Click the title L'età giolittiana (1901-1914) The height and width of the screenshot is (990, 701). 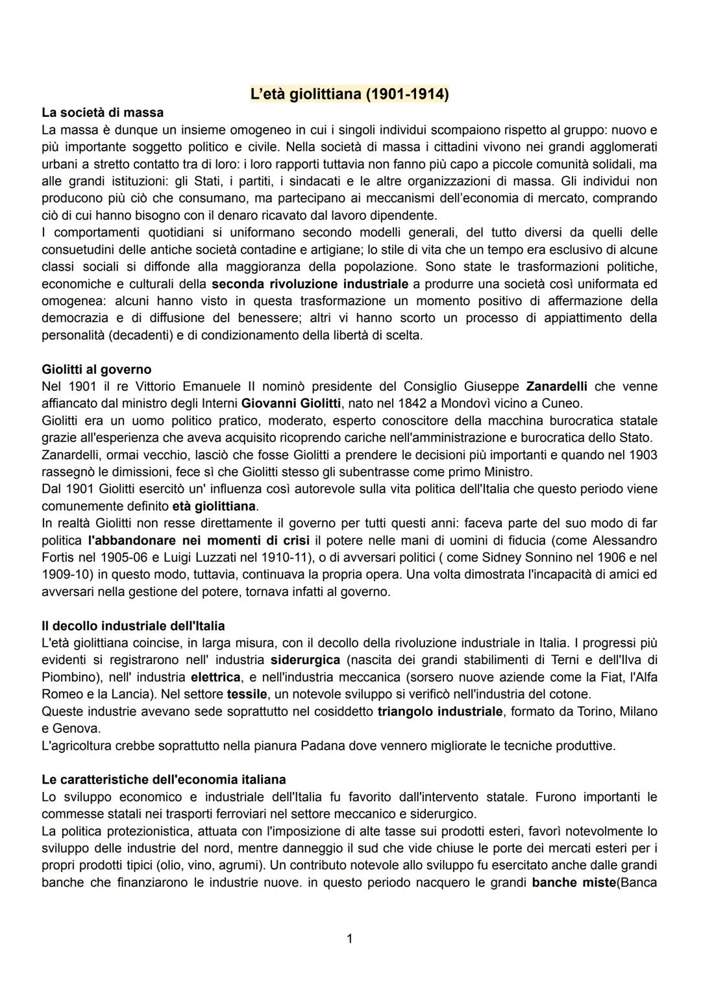click(x=350, y=94)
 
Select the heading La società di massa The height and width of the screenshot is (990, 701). click(x=103, y=112)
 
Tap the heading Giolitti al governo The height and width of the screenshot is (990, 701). click(x=96, y=369)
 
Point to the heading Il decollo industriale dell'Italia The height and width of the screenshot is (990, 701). click(x=133, y=626)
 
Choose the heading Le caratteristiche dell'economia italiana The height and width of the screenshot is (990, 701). click(x=164, y=779)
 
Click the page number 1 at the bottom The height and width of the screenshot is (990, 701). click(x=350, y=938)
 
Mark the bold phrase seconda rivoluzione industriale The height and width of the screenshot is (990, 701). click(x=310, y=284)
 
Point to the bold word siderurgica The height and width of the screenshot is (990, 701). click(x=305, y=660)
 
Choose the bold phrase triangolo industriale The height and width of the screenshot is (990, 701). click(x=440, y=712)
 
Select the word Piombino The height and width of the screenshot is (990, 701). click(x=68, y=677)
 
